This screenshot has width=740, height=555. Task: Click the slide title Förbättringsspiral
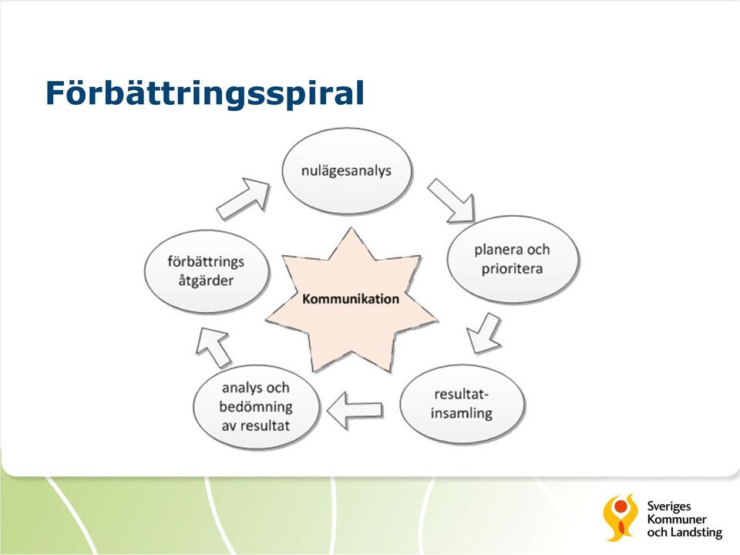pyautogui.click(x=205, y=93)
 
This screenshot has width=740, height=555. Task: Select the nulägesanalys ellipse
pyautogui.click(x=347, y=170)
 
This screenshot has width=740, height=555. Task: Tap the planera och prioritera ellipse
pyautogui.click(x=513, y=259)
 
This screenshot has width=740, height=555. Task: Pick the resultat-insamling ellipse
pyautogui.click(x=462, y=403)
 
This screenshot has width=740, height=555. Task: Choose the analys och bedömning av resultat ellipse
pyautogui.click(x=256, y=406)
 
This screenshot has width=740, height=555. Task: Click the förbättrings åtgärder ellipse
pyautogui.click(x=207, y=271)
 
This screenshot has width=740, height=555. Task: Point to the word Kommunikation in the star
pyautogui.click(x=351, y=299)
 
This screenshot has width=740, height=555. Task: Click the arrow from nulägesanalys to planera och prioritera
pyautogui.click(x=451, y=200)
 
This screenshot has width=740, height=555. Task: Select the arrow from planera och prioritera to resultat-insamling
pyautogui.click(x=484, y=332)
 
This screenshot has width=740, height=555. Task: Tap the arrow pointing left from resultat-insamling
pyautogui.click(x=355, y=410)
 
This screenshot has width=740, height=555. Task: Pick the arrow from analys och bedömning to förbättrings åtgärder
pyautogui.click(x=213, y=347)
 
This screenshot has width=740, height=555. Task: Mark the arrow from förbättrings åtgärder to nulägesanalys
pyautogui.click(x=243, y=199)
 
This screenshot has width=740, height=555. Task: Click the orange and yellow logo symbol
pyautogui.click(x=620, y=517)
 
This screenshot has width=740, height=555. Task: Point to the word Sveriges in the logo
pyautogui.click(x=669, y=507)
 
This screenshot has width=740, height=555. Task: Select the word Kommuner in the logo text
pyautogui.click(x=677, y=519)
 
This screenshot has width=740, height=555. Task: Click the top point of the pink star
pyautogui.click(x=351, y=229)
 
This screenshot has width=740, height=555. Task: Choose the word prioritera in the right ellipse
pyautogui.click(x=512, y=269)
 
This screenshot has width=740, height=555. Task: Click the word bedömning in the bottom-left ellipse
pyautogui.click(x=256, y=406)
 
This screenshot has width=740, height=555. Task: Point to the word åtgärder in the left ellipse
pyautogui.click(x=206, y=281)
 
